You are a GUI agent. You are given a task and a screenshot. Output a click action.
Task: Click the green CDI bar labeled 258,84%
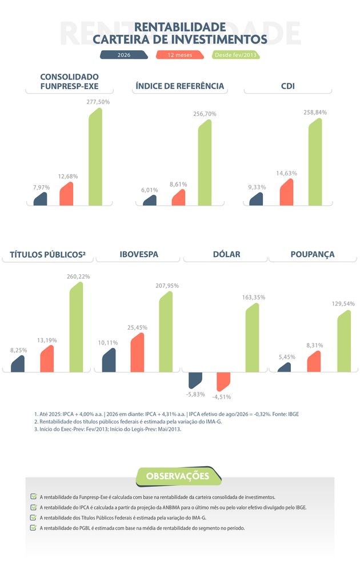315,162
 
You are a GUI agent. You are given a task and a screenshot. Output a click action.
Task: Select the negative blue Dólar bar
195,380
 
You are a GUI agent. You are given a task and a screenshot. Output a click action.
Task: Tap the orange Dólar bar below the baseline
223,382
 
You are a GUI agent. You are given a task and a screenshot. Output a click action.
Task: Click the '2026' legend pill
124,55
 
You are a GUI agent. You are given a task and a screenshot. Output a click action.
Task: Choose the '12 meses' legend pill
180,55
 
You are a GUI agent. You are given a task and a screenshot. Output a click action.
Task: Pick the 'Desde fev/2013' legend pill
236,55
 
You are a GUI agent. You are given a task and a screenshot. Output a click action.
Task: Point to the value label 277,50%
98,102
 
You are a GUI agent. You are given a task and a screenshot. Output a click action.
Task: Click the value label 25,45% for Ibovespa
137,327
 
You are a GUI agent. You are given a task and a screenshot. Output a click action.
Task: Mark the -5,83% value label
195,394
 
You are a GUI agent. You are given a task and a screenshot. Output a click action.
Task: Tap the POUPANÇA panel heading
313,254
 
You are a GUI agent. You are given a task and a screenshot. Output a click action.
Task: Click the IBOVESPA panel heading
139,254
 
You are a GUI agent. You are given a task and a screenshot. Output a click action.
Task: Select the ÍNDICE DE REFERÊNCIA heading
180,86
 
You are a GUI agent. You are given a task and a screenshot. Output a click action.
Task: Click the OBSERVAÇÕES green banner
178,476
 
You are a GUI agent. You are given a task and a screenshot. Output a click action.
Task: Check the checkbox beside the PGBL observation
33,527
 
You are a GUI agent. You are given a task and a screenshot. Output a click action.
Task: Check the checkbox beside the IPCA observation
33,507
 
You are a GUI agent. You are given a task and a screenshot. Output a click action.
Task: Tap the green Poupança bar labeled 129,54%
344,341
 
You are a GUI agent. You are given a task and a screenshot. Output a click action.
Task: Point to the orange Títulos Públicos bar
47,359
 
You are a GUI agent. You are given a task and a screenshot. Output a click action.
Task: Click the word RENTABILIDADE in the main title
180,27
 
